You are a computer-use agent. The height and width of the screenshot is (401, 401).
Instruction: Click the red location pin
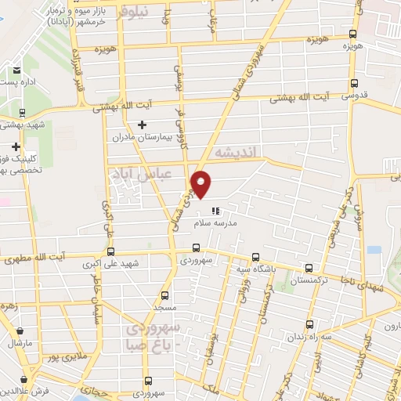(x=201, y=184)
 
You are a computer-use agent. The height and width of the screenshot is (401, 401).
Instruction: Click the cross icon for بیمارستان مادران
(x=142, y=125)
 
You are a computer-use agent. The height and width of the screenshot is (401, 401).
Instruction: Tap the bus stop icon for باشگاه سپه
(x=255, y=257)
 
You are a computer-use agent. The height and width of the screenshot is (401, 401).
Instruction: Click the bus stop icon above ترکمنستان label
(x=308, y=268)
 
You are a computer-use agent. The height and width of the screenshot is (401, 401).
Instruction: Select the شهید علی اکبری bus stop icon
(x=110, y=251)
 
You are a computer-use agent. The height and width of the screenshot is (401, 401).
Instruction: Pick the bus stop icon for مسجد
(x=164, y=295)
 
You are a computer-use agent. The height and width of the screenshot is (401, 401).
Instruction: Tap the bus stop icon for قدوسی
(x=355, y=83)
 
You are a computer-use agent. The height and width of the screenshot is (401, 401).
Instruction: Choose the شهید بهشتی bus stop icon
(x=22, y=113)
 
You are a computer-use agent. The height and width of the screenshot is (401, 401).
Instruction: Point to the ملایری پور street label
(x=62, y=357)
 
